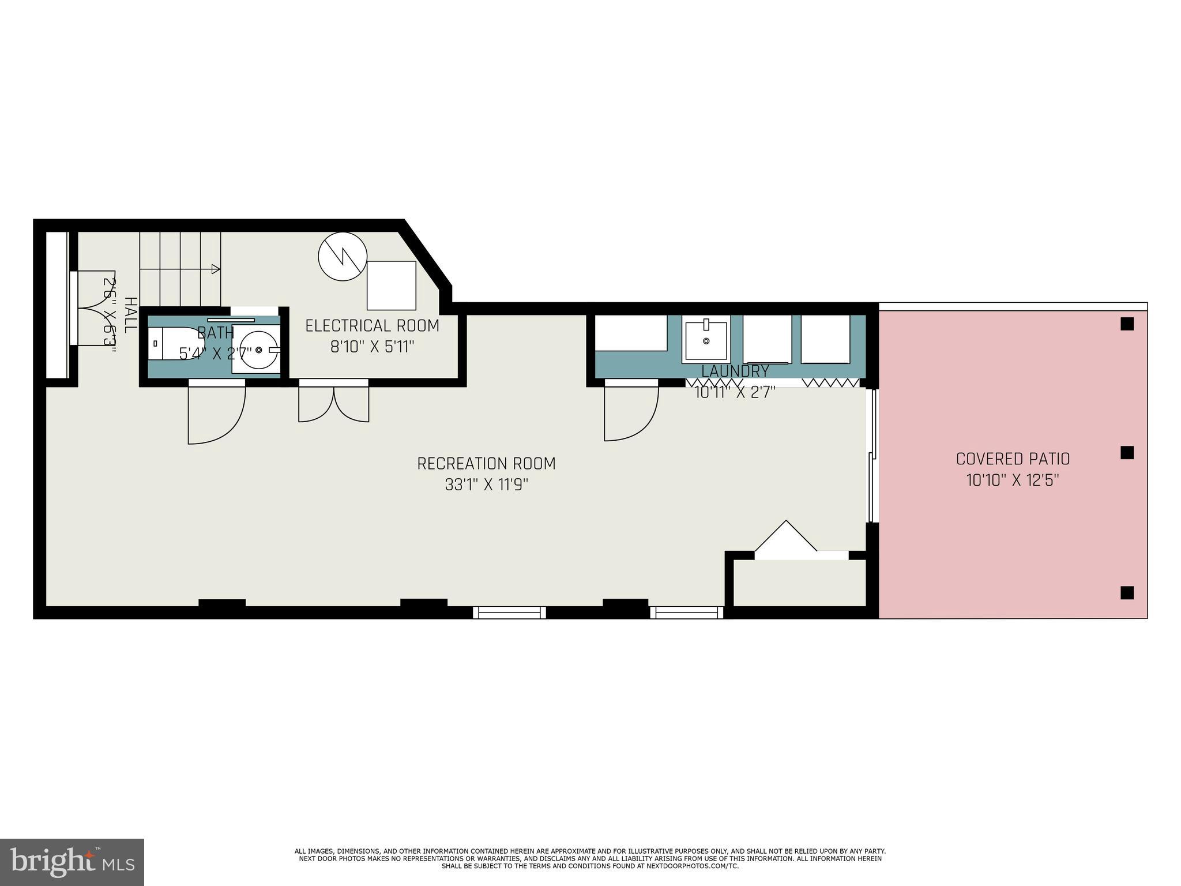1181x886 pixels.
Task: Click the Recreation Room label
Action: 486,463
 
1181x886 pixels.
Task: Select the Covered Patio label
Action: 1013,459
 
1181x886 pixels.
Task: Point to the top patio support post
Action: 1127,324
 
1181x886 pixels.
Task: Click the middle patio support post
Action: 1127,453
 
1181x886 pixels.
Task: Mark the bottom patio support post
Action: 1127,592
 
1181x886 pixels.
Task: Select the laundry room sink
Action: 706,339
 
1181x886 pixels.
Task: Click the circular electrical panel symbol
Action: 343,257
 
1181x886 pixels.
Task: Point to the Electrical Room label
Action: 372,326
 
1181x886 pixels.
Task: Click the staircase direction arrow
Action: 215,269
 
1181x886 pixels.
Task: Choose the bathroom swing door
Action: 216,412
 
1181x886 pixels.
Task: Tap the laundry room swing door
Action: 631,411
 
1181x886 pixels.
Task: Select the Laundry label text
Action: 735,371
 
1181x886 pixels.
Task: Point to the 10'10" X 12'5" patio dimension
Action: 1013,480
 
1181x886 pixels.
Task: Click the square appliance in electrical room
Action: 392,286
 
